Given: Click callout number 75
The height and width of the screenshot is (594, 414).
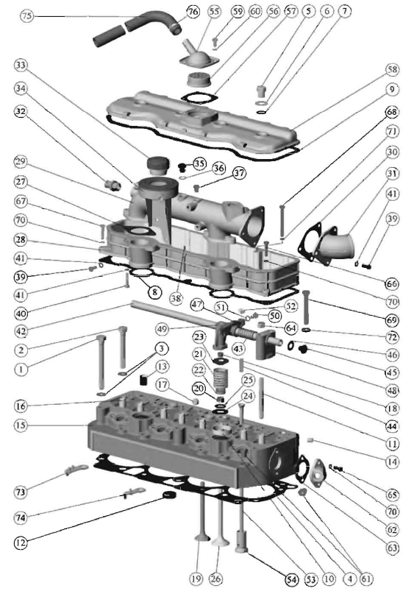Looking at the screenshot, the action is [x=26, y=16].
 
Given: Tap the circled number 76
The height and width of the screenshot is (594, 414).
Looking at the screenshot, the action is [x=193, y=12].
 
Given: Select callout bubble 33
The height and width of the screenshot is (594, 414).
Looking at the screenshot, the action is [x=21, y=66].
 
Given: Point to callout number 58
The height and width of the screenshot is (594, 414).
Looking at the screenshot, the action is [x=393, y=70].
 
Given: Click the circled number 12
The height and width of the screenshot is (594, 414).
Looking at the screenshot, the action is [x=21, y=543].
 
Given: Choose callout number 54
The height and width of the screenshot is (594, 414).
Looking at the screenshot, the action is [x=291, y=579].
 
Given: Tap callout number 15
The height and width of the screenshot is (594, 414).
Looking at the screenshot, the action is [x=21, y=425].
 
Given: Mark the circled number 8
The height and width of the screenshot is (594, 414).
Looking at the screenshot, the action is [x=154, y=291].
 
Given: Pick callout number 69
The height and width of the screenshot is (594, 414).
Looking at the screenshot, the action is [x=392, y=320].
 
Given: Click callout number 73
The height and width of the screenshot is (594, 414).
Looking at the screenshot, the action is [x=21, y=492].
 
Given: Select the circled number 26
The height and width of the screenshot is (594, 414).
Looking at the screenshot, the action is [x=215, y=579].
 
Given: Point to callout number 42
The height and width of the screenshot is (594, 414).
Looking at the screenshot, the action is [x=21, y=332].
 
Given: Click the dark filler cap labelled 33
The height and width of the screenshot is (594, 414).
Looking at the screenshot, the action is [x=157, y=165].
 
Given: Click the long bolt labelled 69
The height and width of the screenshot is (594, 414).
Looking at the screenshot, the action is [x=306, y=306].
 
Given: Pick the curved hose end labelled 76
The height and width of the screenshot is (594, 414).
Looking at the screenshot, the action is [x=175, y=27].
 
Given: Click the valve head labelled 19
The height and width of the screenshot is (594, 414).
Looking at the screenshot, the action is [x=202, y=538].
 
